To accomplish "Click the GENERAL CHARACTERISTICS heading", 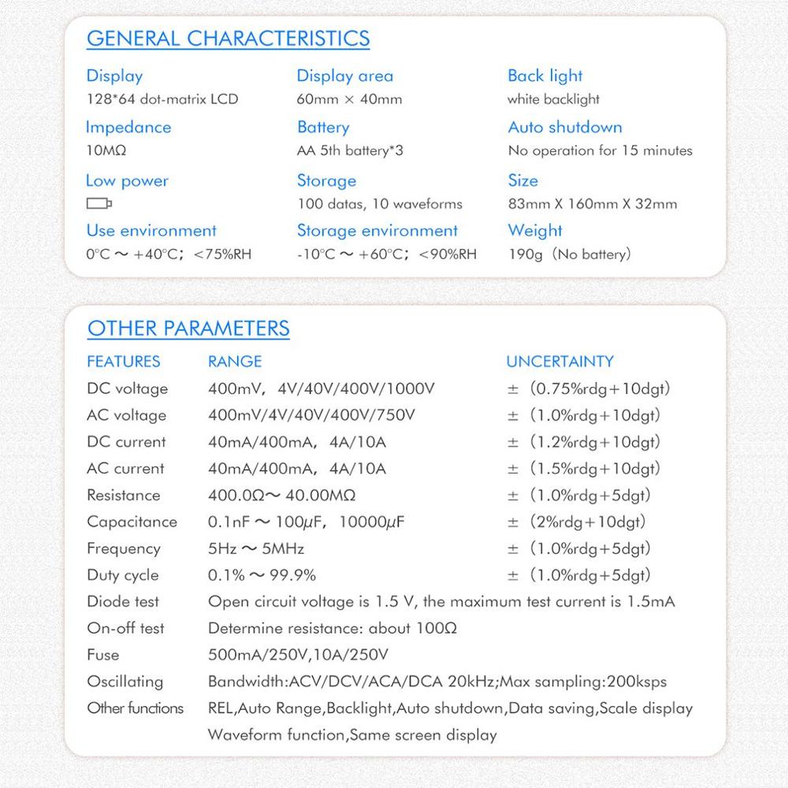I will pos(228,38).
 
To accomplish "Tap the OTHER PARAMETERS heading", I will pos(188,328).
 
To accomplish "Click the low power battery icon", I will pos(98,204).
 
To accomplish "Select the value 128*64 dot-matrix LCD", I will pos(162,99).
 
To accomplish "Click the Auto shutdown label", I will pos(564,127).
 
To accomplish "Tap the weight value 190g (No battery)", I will pos(570,255).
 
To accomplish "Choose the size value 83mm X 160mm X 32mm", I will pos(592,204).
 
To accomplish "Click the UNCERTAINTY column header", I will pos(559,362).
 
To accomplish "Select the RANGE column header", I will pos(235,362).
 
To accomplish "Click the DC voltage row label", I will pos(127,388).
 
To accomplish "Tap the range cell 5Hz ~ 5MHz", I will pos(255,548).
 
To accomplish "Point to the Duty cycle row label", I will pos(123,575).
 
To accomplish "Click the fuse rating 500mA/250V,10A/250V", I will pos(298,655).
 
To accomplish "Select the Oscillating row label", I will pos(125,682).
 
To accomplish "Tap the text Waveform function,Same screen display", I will pos(352,735).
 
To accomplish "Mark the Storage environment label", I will pos(377,231).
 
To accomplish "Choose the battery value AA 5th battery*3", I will pos(350,151).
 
